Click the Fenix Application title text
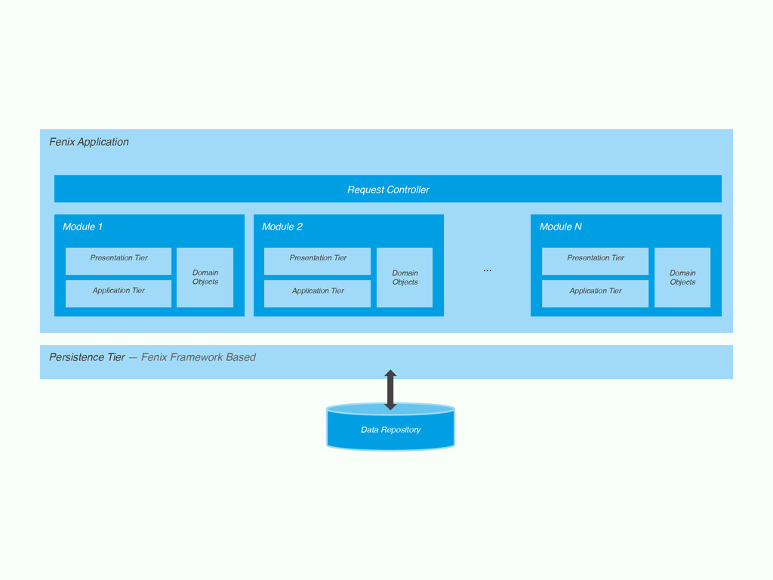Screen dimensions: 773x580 click(x=89, y=142)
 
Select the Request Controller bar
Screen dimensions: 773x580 click(x=388, y=189)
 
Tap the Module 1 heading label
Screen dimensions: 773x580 click(x=82, y=227)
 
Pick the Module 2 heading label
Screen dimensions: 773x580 click(x=282, y=227)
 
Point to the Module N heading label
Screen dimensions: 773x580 click(x=561, y=227)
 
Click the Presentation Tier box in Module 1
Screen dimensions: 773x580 click(x=119, y=261)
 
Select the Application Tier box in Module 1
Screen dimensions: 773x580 click(x=119, y=294)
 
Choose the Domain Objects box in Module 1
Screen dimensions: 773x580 click(x=205, y=277)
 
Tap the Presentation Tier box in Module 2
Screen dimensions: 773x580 click(x=318, y=261)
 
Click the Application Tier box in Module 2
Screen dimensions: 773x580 click(x=318, y=294)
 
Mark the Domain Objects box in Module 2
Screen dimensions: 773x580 click(x=405, y=277)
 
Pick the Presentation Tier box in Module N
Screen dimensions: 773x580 click(x=595, y=261)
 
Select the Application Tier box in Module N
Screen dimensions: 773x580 click(x=595, y=294)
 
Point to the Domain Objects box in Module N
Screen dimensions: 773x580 click(x=682, y=277)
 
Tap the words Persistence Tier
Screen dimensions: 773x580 click(x=87, y=357)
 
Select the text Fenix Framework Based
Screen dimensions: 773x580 click(x=199, y=357)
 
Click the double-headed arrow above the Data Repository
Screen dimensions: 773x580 click(x=390, y=390)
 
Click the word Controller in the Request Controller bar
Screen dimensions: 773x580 click(x=408, y=190)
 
